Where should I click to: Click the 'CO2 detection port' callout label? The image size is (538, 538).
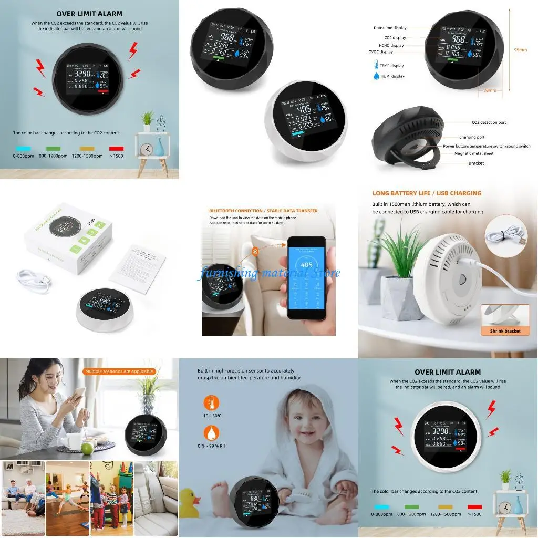[x=489, y=122]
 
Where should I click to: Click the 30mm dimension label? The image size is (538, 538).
[x=489, y=90]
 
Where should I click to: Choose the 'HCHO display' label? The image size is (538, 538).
[x=391, y=45]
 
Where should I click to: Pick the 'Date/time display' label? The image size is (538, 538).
[x=389, y=28]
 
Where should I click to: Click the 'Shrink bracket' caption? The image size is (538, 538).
[x=505, y=331]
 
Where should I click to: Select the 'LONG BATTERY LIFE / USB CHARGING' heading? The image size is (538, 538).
[x=427, y=193]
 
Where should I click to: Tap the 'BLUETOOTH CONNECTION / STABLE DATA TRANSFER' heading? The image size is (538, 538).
[x=263, y=211]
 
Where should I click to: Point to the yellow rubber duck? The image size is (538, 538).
[x=190, y=503]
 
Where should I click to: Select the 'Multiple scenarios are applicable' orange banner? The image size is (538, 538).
[x=119, y=371]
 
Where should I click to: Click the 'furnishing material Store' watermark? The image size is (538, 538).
[x=268, y=273]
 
